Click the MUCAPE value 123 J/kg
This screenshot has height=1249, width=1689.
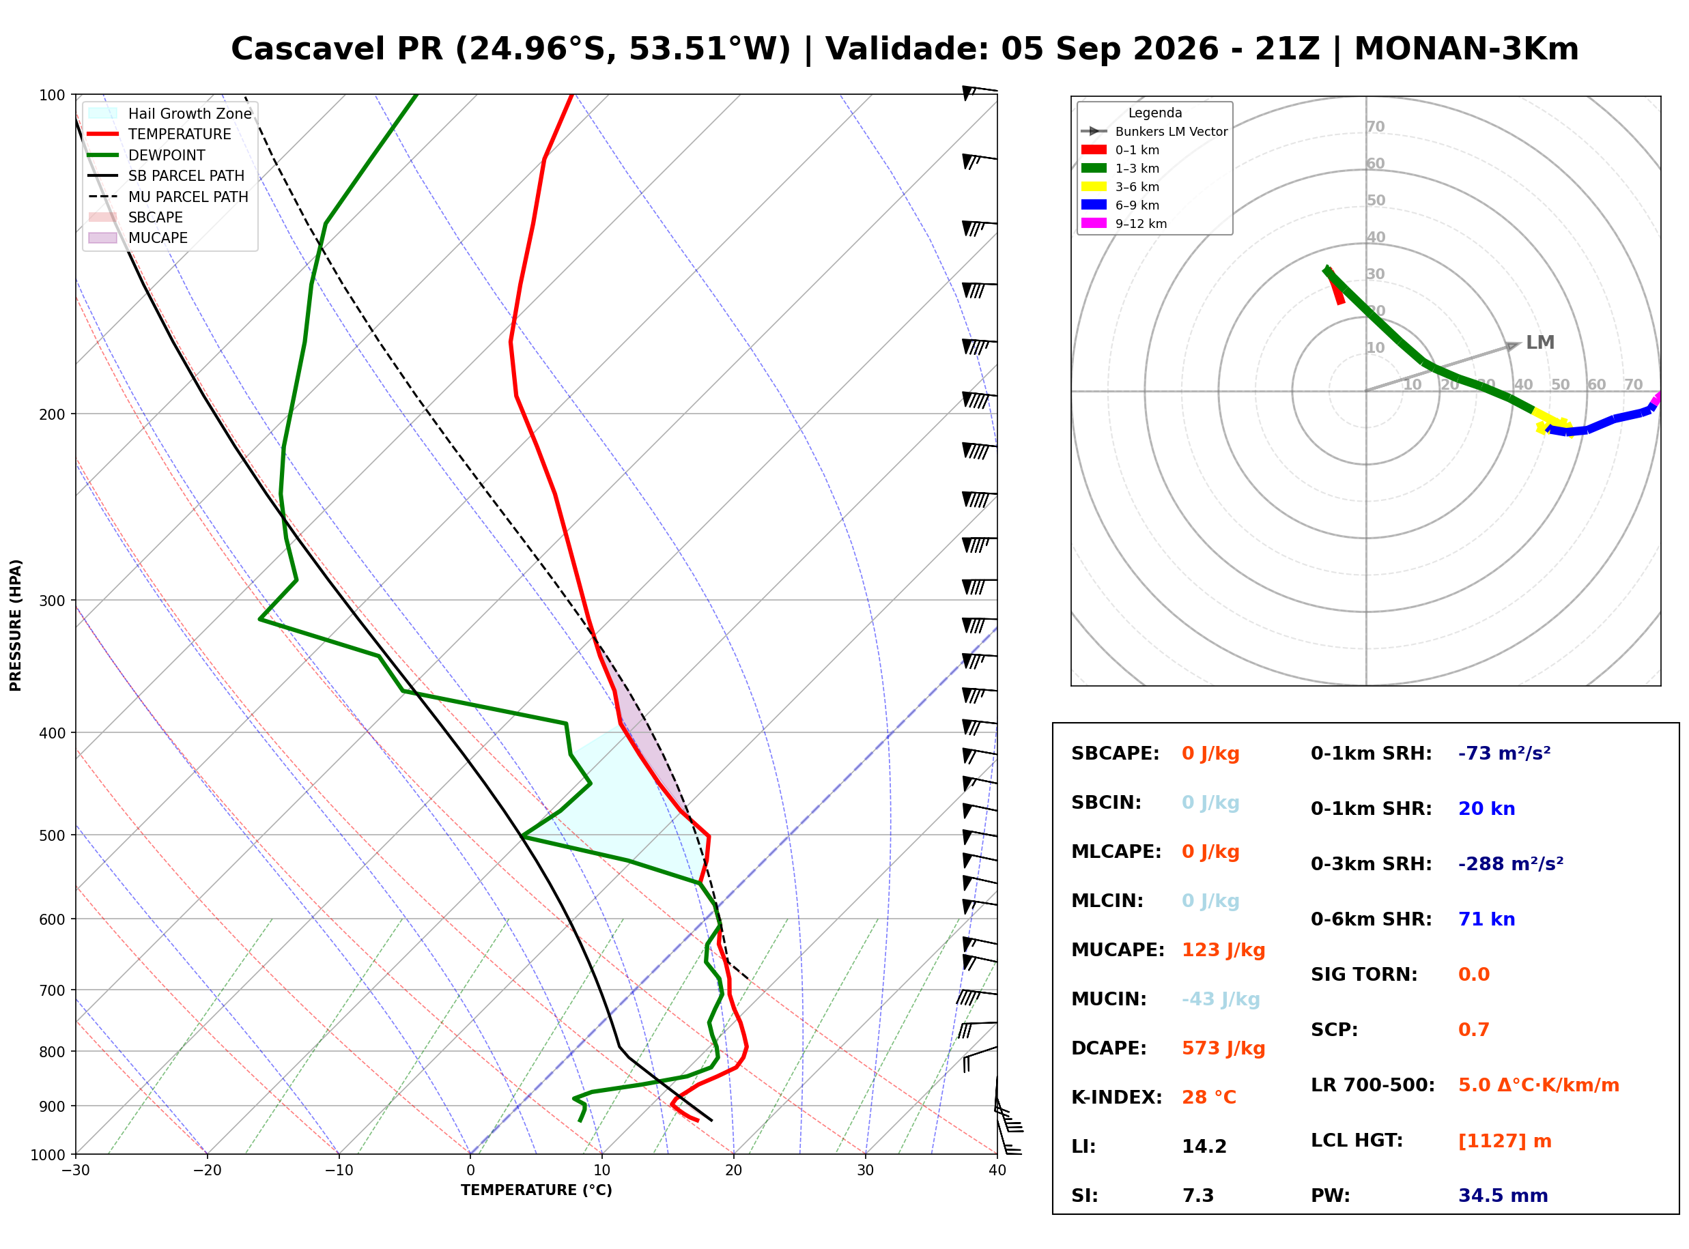tap(1223, 950)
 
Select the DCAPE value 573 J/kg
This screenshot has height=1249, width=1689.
tap(1223, 1048)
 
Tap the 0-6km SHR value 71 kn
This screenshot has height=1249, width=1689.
tap(1486, 919)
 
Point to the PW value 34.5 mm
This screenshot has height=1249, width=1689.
tap(1503, 1196)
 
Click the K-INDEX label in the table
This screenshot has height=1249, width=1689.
tap(1117, 1097)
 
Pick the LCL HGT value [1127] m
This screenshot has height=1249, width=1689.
tap(1505, 1141)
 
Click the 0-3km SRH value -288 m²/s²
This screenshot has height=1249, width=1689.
tap(1511, 863)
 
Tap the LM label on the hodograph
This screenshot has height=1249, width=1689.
tap(1540, 343)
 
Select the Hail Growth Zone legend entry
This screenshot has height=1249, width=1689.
tap(171, 113)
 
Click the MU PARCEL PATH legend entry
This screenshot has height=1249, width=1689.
tap(169, 197)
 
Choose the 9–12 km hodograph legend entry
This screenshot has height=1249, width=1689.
tap(1124, 224)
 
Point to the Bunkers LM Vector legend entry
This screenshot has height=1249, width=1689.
tap(1154, 132)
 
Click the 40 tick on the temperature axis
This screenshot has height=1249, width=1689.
tap(997, 1171)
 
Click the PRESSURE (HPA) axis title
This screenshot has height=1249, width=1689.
tap(16, 625)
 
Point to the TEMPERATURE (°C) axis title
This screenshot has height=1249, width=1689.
tap(537, 1190)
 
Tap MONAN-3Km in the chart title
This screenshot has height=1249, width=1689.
tap(1466, 49)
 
